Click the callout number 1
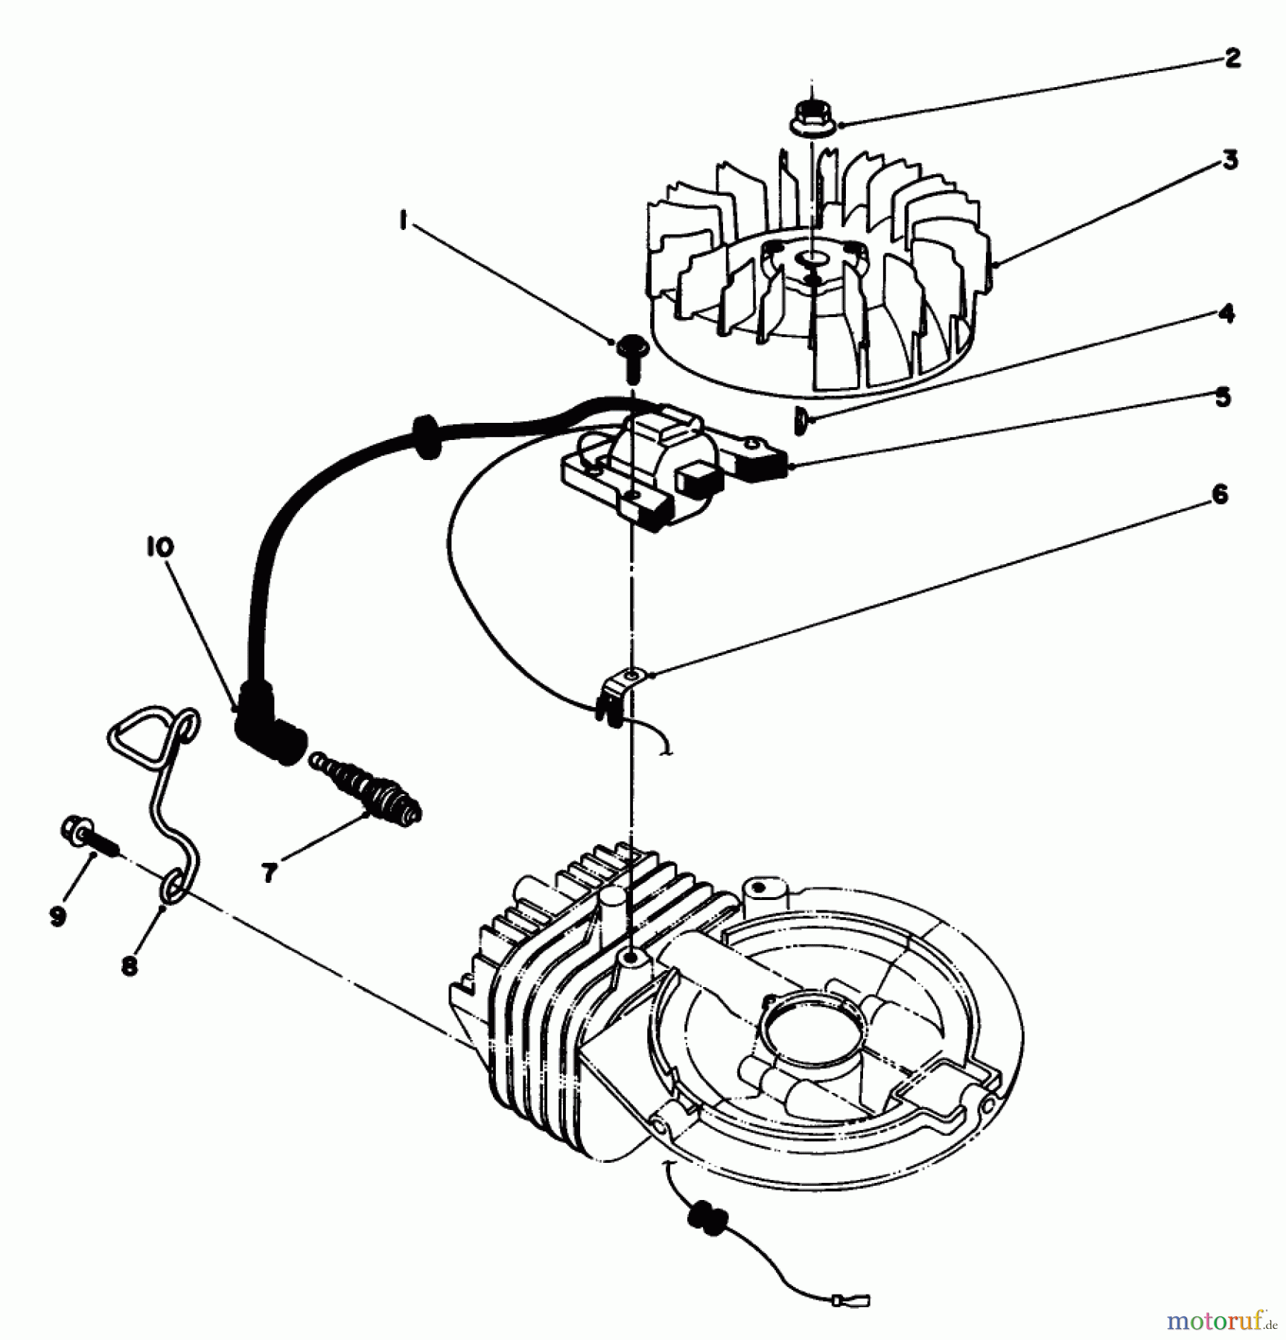point(403,221)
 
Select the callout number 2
point(1232,59)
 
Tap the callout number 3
point(1230,160)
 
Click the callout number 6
point(1219,494)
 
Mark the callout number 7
point(270,872)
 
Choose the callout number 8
point(130,966)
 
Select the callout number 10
point(159,547)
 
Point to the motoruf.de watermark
point(1223,1318)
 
